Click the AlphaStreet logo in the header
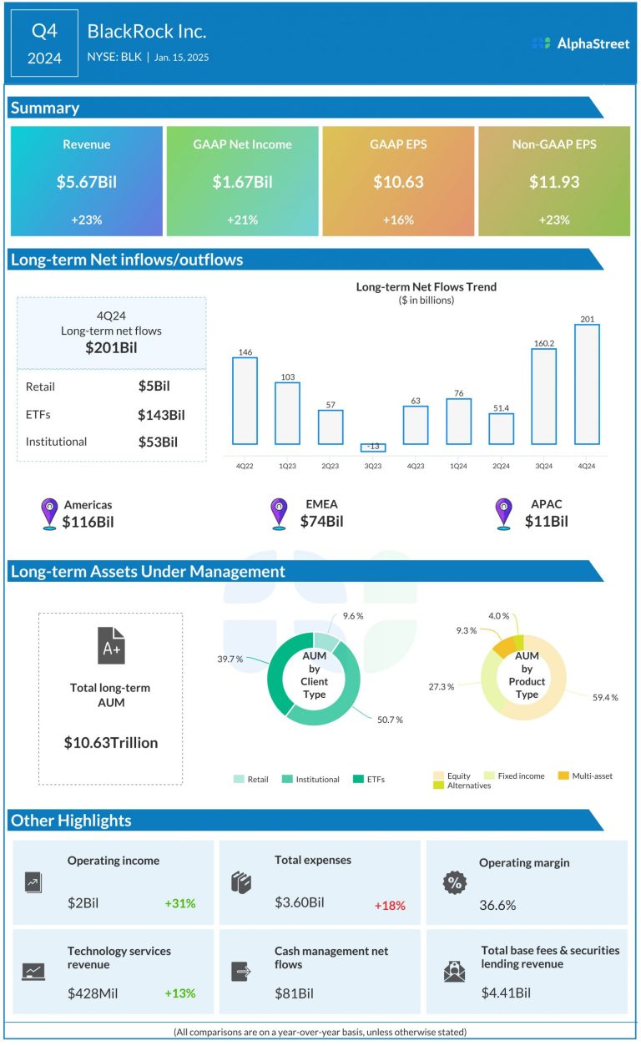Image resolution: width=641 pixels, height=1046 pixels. pos(581,43)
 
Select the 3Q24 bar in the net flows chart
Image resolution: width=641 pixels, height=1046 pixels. pos(543,396)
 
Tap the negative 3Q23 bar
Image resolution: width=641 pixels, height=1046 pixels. pos(373,447)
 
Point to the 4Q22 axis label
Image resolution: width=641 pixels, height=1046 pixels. pos(245,467)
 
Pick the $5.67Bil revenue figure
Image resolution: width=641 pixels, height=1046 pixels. pos(87,181)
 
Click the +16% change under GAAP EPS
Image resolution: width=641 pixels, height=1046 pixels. pos(398,220)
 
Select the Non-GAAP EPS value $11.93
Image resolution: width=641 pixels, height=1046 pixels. pos(553,181)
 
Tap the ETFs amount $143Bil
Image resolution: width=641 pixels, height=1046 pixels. pos(162,414)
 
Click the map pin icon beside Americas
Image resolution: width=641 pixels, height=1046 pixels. pos(49,514)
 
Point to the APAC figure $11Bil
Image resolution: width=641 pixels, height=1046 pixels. pos(547,522)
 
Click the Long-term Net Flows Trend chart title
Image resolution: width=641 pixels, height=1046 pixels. pos(426,286)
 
